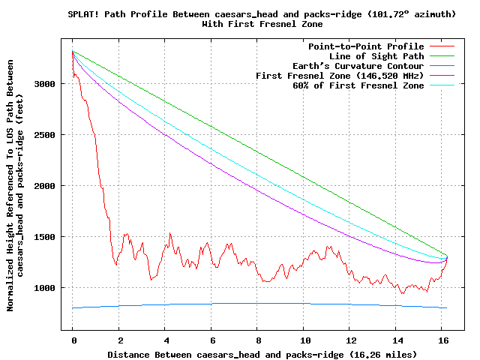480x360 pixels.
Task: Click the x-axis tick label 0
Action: pos(73,340)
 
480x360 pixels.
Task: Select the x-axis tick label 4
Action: pos(165,340)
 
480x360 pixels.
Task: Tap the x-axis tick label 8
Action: pos(257,340)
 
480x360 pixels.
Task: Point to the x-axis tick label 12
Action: pos(349,340)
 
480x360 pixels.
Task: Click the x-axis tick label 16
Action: pos(442,340)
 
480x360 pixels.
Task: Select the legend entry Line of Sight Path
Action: pos(376,56)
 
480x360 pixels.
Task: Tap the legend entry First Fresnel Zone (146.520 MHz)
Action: pos(340,76)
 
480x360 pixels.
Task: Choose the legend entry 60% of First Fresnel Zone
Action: pos(358,85)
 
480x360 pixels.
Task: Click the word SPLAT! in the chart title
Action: pos(82,14)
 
